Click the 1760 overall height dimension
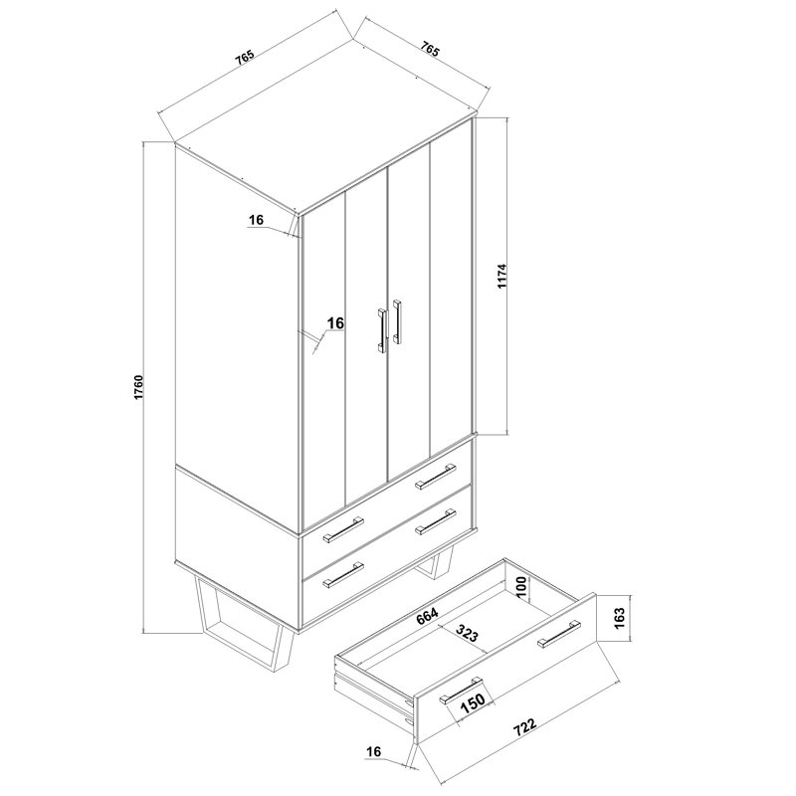[139, 387]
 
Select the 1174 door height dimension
[502, 276]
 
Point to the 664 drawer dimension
[427, 617]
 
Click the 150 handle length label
[473, 702]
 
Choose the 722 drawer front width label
[525, 726]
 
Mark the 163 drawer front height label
[619, 618]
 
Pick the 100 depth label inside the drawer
[522, 587]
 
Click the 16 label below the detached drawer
[373, 752]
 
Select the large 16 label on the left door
[335, 322]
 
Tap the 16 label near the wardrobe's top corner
[257, 220]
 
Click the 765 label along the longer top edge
[244, 58]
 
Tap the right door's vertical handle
[397, 321]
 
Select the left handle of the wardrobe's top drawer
[343, 529]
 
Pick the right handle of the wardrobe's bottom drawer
[436, 521]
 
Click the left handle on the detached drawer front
[461, 690]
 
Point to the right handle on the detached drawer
[559, 634]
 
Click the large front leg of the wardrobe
[245, 625]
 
